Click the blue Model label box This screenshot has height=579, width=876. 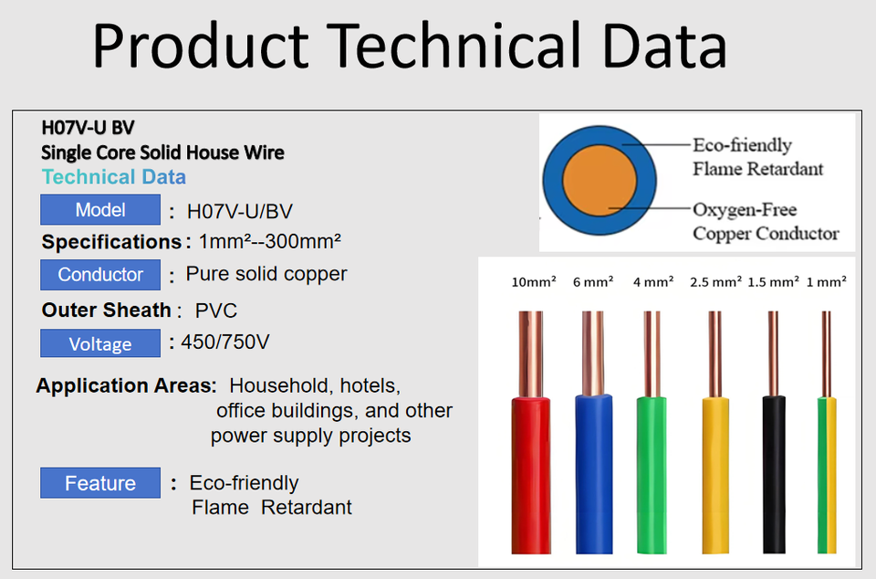pyautogui.click(x=100, y=209)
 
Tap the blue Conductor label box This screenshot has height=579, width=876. pyautogui.click(x=100, y=274)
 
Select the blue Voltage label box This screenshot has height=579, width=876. pyautogui.click(x=100, y=343)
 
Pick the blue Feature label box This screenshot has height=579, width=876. pyautogui.click(x=100, y=483)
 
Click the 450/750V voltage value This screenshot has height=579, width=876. pyautogui.click(x=225, y=342)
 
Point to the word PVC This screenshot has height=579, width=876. pyautogui.click(x=215, y=311)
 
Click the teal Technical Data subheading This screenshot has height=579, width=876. pyautogui.click(x=114, y=176)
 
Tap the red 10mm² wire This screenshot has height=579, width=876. pyautogui.click(x=531, y=432)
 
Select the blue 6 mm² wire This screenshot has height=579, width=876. pyautogui.click(x=593, y=432)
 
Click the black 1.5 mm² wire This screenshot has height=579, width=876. pyautogui.click(x=774, y=432)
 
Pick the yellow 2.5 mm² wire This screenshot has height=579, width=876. pyautogui.click(x=715, y=432)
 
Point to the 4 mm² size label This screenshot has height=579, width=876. pyautogui.click(x=653, y=281)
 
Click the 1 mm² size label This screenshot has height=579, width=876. pyautogui.click(x=827, y=281)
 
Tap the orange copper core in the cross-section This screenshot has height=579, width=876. pyautogui.click(x=599, y=181)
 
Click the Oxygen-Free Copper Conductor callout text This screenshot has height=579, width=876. pyautogui.click(x=766, y=221)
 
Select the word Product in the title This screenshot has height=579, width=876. pyautogui.click(x=201, y=46)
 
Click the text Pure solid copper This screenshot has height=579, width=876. pyautogui.click(x=266, y=274)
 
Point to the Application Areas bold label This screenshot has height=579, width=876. pyautogui.click(x=126, y=385)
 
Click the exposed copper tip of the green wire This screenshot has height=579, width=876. pyautogui.click(x=652, y=354)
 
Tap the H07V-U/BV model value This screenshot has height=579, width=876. pyautogui.click(x=240, y=211)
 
